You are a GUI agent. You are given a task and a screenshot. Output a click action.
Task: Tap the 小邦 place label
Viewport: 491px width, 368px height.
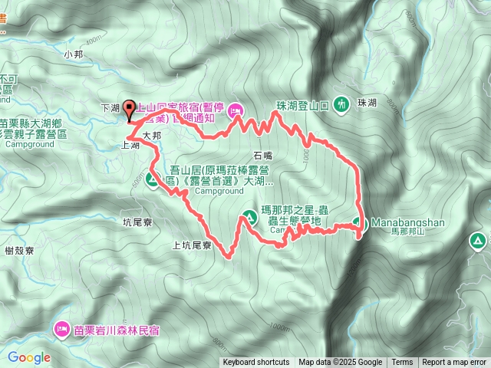click(x=74, y=54)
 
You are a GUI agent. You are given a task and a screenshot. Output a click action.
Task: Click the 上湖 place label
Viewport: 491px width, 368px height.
click(x=130, y=145)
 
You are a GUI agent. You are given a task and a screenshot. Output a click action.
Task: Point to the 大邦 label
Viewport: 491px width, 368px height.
click(x=152, y=135)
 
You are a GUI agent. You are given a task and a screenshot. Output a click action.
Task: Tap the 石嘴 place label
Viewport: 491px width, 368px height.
click(x=263, y=154)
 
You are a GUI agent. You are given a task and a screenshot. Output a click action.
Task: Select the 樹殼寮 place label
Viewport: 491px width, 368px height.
click(x=18, y=250)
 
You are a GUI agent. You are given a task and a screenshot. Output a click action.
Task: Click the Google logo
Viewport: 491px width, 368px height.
click(x=29, y=356)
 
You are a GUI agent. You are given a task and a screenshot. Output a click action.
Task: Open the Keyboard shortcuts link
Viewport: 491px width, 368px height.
click(x=256, y=363)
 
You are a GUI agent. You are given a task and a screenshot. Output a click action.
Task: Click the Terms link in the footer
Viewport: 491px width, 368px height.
click(x=402, y=363)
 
